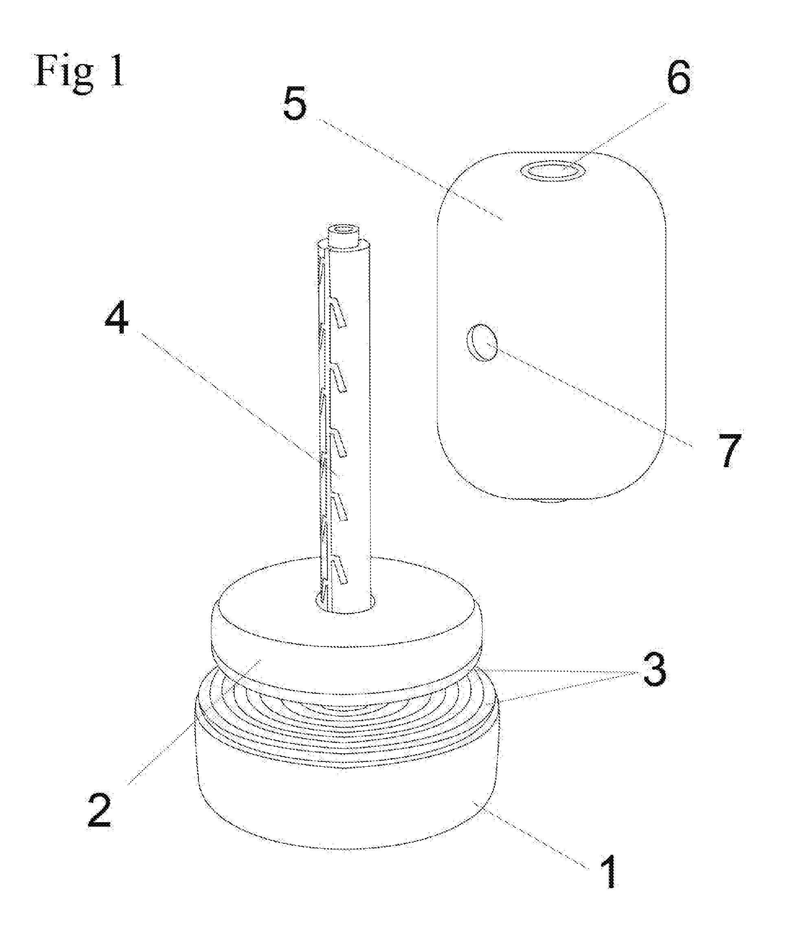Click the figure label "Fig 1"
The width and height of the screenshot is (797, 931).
(x=80, y=71)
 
